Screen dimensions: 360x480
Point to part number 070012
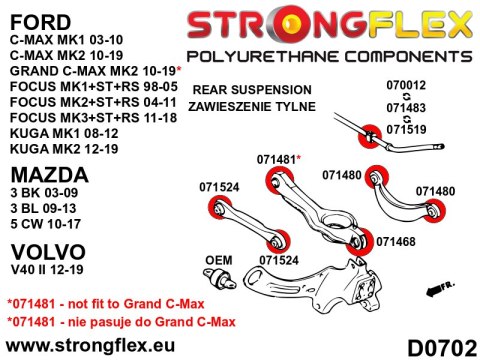pos(405,88)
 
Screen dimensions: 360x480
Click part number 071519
pos(405,127)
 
